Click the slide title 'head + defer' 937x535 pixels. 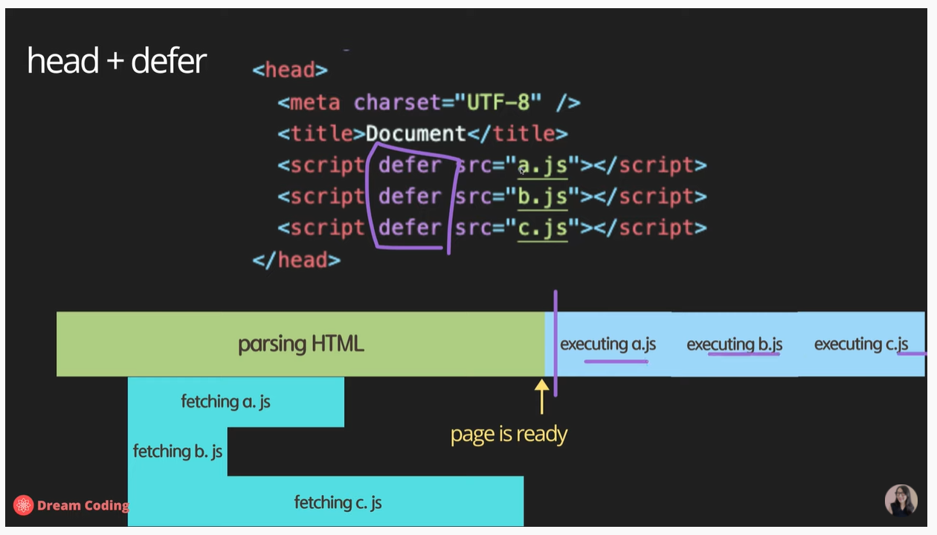click(117, 61)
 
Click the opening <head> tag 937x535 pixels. click(290, 70)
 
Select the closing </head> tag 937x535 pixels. click(296, 260)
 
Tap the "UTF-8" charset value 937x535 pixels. click(498, 102)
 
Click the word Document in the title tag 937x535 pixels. click(416, 134)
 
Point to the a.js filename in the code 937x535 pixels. click(543, 165)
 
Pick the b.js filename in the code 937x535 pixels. click(543, 196)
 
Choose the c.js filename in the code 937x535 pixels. click(543, 228)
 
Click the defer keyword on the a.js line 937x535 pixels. click(410, 165)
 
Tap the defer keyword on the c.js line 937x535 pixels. click(410, 228)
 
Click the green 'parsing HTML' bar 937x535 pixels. click(300, 344)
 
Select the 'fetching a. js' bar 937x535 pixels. click(225, 402)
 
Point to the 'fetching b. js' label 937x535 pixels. click(178, 452)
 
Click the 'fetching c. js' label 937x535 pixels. click(338, 502)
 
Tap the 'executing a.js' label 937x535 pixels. click(608, 344)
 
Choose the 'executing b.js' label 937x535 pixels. click(734, 345)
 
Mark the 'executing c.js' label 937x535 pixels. click(861, 344)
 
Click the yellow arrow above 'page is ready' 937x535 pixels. click(541, 395)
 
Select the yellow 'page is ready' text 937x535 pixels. click(509, 435)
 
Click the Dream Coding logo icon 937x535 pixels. click(24, 505)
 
